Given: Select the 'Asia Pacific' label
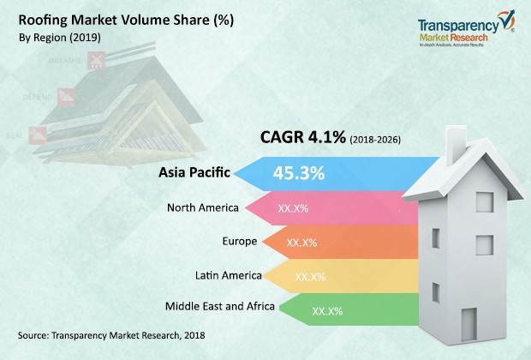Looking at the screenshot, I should pos(195,172).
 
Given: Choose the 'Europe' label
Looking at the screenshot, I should pos(239,242).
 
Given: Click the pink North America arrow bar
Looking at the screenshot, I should pos(343,208).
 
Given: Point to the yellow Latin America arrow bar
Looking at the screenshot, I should pos(360,277).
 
